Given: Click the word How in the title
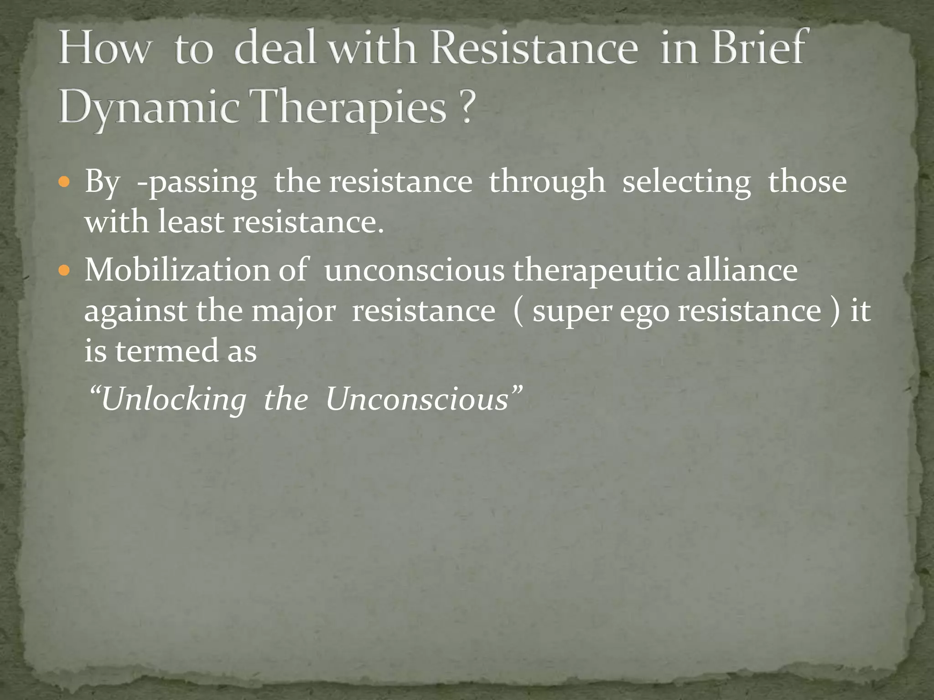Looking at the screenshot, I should tap(104, 49).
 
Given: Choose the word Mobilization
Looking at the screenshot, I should tap(177, 270).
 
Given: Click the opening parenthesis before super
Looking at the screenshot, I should tap(518, 312).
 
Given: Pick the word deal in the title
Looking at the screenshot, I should tap(275, 47).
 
